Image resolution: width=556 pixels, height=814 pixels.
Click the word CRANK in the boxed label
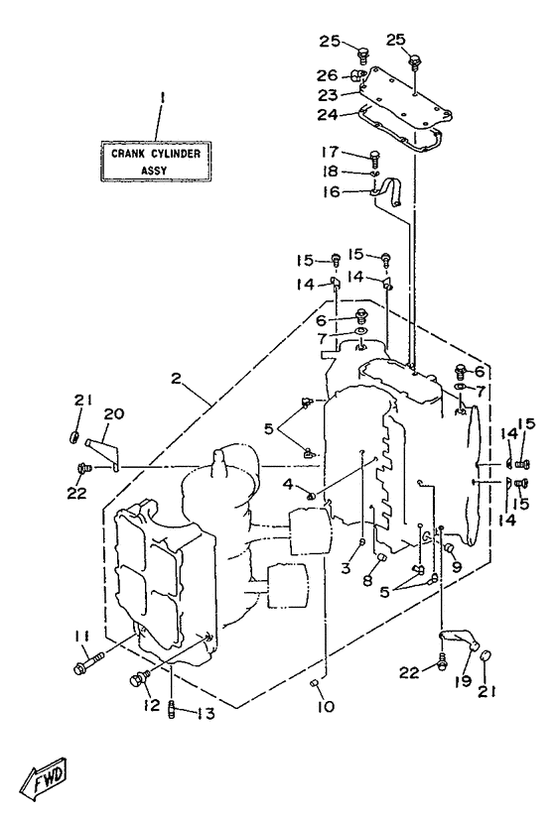point(128,154)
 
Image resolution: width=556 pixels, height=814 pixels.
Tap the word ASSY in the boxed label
point(154,171)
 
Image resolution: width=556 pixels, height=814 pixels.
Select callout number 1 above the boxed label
point(162,97)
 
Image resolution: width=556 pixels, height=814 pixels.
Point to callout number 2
point(176,379)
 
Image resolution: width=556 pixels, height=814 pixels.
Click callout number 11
point(82,636)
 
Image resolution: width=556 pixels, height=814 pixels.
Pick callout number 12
point(152,705)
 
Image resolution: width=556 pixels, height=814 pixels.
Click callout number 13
point(207,714)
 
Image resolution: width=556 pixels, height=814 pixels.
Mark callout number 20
point(114,413)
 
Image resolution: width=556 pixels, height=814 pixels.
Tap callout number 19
point(463,680)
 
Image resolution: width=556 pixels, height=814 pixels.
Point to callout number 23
point(329,95)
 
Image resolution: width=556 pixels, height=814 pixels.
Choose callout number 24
point(328,115)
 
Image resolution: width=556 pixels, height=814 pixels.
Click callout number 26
point(328,75)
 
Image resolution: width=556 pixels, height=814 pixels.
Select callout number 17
point(330,152)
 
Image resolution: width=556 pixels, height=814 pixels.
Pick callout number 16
point(331,191)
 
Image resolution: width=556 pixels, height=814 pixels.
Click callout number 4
point(288,485)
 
